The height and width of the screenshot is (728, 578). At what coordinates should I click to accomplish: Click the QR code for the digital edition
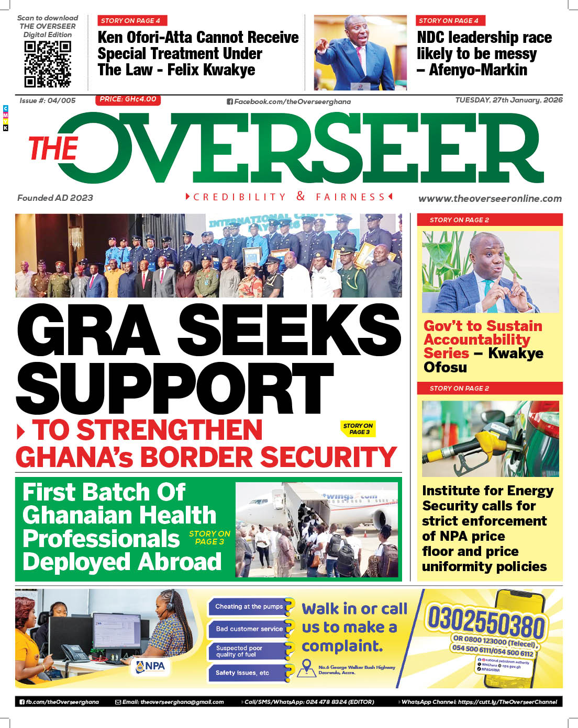click(48, 64)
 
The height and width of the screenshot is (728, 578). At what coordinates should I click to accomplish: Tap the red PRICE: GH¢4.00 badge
click(128, 99)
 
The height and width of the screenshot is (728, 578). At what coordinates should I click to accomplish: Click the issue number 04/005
click(61, 100)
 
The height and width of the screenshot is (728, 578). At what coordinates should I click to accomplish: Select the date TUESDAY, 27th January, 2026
click(508, 100)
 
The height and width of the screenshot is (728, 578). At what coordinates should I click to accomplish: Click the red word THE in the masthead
click(53, 149)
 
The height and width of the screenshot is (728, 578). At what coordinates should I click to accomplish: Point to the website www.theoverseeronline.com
click(490, 199)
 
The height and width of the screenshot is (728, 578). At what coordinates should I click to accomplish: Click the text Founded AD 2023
click(55, 198)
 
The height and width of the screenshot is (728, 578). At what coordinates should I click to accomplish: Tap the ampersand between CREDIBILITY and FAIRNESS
click(301, 196)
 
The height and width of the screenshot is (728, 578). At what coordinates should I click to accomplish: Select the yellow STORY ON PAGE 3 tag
click(358, 429)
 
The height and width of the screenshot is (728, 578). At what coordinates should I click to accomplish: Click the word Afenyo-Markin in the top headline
click(478, 70)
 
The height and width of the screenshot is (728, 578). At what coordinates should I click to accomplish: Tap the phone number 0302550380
click(486, 622)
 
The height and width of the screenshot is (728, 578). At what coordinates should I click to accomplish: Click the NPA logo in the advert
click(150, 666)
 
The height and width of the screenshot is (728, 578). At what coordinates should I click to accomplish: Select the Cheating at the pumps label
click(249, 607)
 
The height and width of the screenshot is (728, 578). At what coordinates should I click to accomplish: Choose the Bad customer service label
click(249, 629)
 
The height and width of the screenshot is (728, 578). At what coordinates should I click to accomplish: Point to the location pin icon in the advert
click(306, 667)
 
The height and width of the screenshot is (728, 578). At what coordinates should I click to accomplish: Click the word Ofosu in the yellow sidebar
click(445, 368)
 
